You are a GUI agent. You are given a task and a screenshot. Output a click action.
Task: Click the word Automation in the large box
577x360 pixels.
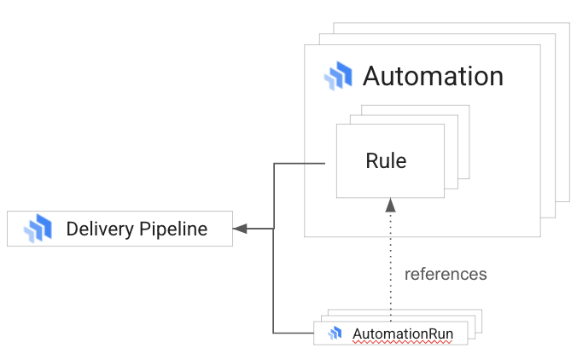[x=433, y=76]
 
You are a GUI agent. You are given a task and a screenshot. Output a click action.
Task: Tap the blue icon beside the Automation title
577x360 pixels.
[x=338, y=76]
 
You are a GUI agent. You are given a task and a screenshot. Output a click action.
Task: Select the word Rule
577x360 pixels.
[x=386, y=160]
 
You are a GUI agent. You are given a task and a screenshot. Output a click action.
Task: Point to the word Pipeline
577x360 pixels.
[x=173, y=229]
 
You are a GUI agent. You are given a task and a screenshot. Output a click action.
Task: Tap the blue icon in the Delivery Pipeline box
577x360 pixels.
[x=38, y=229]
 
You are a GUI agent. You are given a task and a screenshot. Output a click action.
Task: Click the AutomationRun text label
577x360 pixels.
[x=404, y=333]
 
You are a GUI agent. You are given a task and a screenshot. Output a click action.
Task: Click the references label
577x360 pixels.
[x=446, y=274]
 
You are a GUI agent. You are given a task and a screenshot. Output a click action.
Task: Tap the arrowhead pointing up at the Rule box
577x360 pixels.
[x=390, y=205]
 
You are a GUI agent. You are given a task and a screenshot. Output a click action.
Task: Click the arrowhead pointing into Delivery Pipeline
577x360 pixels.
[x=240, y=229]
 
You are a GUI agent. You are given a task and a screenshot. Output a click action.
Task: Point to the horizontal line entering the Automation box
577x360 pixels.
[x=299, y=163]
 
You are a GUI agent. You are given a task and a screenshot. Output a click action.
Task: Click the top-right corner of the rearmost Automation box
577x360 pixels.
[x=568, y=23]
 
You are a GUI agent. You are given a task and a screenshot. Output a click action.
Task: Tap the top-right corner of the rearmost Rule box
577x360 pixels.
[x=469, y=106]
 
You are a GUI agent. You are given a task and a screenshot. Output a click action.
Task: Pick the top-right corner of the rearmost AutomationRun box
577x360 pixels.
[x=482, y=310]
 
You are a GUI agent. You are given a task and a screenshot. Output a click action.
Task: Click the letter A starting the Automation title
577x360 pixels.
[x=372, y=76]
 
